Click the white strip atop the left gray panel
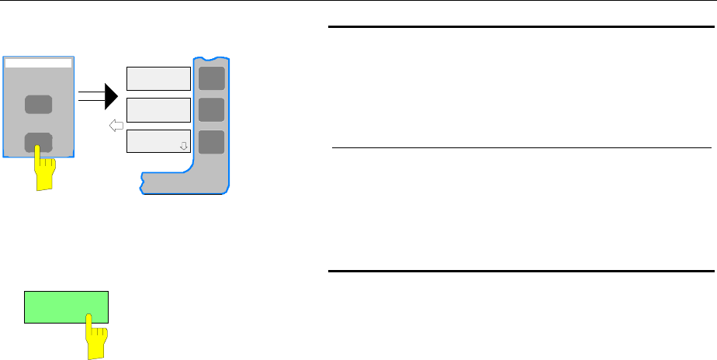[x=39, y=63]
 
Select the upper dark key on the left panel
[x=39, y=105]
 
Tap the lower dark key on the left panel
[x=39, y=142]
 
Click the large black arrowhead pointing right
[x=111, y=96]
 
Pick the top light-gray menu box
[x=158, y=78]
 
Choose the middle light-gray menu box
[x=158, y=110]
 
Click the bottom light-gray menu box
[x=158, y=142]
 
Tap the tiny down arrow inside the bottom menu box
[x=184, y=145]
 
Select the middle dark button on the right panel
[x=211, y=109]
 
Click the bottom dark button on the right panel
[x=211, y=142]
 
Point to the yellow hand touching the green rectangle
[x=97, y=335]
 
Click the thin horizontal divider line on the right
[x=520, y=147]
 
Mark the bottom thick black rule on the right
[x=520, y=272]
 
